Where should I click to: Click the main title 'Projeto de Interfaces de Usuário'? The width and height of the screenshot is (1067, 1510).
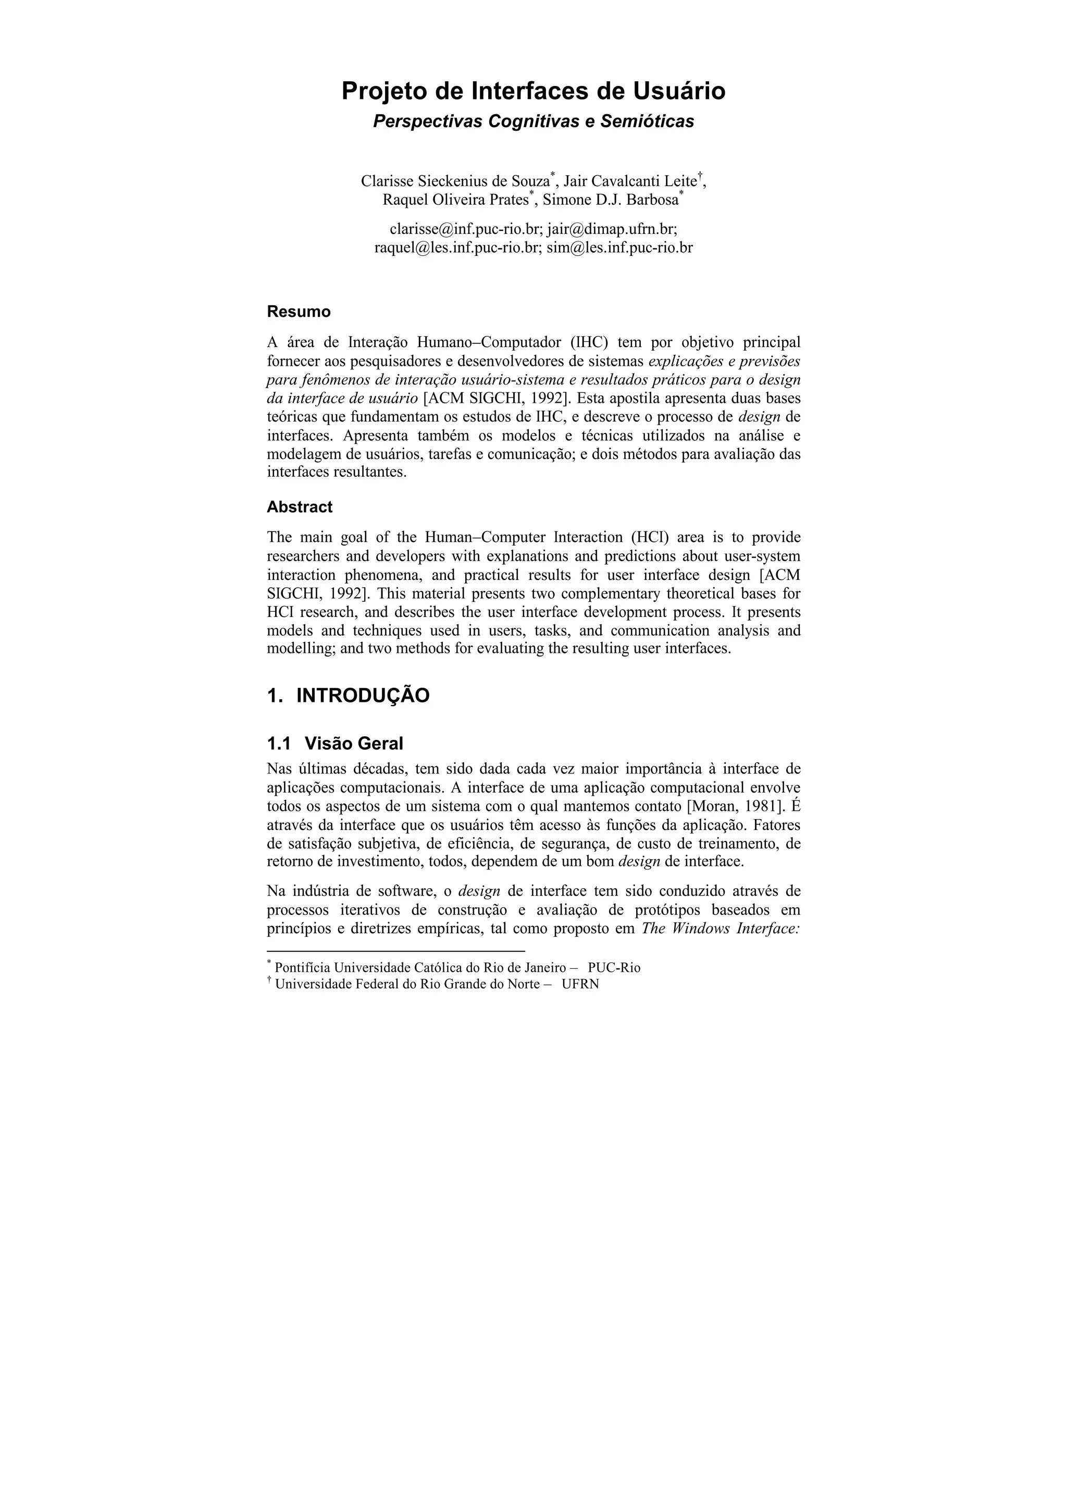click(x=533, y=91)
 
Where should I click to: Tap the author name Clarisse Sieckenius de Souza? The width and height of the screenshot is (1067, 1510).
click(x=455, y=181)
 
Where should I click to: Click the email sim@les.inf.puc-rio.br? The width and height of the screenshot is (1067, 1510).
click(x=619, y=248)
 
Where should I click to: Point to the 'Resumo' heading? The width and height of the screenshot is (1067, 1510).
click(x=299, y=312)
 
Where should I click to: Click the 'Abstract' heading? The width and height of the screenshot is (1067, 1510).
click(x=299, y=507)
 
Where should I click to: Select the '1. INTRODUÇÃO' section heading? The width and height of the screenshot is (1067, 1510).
click(x=348, y=695)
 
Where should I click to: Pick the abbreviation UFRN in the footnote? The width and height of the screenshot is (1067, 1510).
click(x=580, y=984)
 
